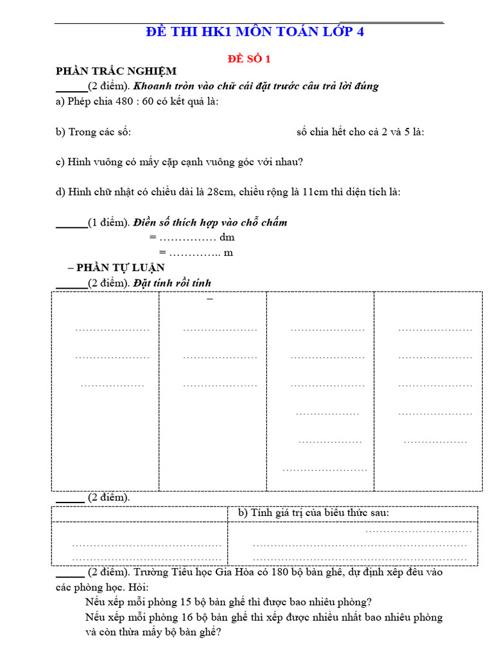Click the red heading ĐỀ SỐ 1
pos(250,58)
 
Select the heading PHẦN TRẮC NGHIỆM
pos(116,71)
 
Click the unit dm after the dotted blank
pos(227,238)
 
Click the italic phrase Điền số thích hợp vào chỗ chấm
pos(210,223)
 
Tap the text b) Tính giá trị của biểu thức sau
pos(313,513)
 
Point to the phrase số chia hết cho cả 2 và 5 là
pos(360,132)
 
